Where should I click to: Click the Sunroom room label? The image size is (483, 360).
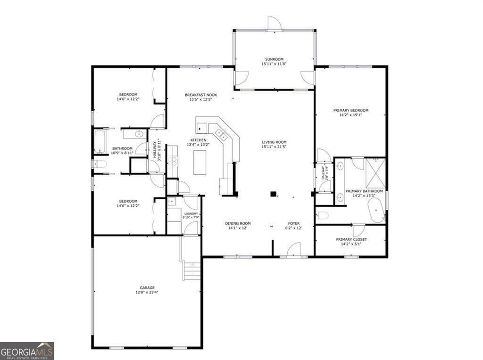click(x=274, y=59)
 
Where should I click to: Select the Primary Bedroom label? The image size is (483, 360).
click(x=350, y=110)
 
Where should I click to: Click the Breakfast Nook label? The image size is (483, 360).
click(x=200, y=95)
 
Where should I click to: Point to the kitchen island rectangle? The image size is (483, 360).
click(x=200, y=163)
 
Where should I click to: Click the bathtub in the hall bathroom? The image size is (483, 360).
click(x=100, y=141)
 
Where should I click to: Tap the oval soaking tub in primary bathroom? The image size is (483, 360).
click(x=375, y=210)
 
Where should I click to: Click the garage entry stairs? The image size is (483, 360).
click(x=192, y=271)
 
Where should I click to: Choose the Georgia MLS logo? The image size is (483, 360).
click(x=27, y=351)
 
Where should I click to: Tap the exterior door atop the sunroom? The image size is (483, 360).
click(x=274, y=24)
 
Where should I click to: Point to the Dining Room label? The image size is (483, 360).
click(x=237, y=223)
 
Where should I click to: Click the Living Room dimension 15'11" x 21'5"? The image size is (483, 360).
click(x=274, y=147)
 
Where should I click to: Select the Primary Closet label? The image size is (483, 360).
click(x=351, y=239)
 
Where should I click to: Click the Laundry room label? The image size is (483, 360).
click(x=191, y=213)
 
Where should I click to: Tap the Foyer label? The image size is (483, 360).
click(x=294, y=223)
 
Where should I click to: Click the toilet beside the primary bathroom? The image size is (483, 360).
click(x=323, y=215)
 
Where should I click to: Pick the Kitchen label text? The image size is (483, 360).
click(x=198, y=140)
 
